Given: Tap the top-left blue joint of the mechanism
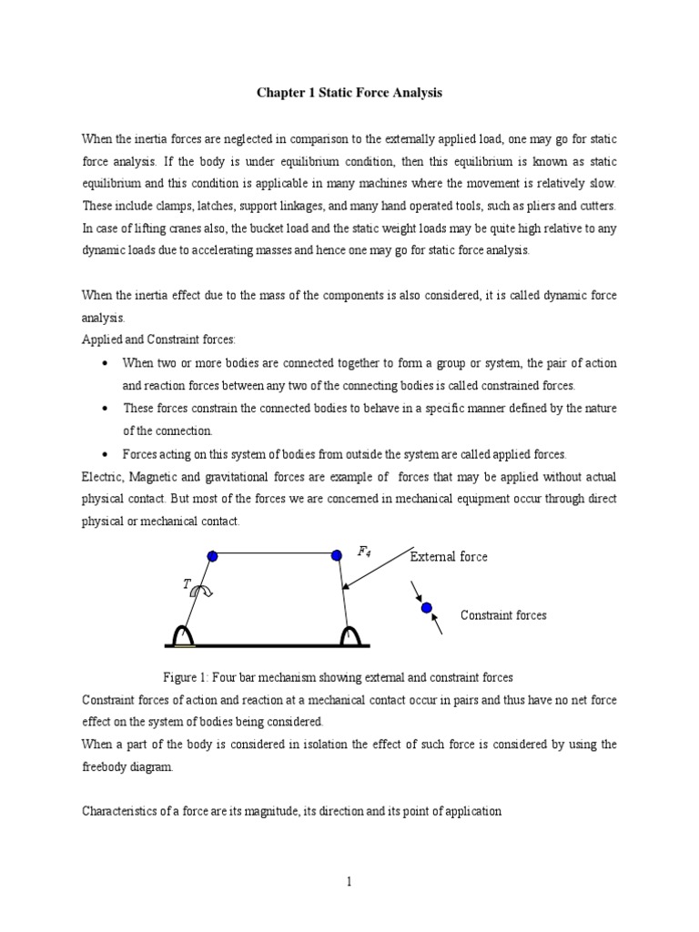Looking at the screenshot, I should click(x=212, y=555).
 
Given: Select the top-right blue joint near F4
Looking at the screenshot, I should click(x=337, y=554).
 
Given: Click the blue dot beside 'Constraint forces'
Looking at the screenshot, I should click(x=426, y=608).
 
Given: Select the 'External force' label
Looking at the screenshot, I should click(x=448, y=557).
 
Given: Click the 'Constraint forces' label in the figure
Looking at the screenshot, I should click(x=503, y=615).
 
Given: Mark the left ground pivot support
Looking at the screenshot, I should click(x=186, y=635).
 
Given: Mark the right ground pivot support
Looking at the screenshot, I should click(x=349, y=635).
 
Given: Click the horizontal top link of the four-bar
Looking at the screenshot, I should click(x=274, y=553).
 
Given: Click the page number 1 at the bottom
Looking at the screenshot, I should click(x=349, y=882).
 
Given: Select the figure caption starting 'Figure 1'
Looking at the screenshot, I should click(x=337, y=677).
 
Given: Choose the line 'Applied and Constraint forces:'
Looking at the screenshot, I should click(x=158, y=340).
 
